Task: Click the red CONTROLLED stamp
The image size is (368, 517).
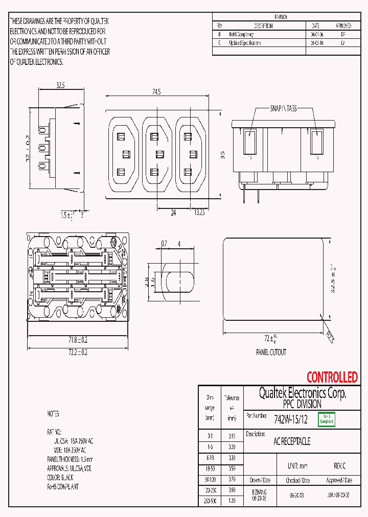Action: click(332, 378)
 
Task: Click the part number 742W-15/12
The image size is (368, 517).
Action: click(291, 420)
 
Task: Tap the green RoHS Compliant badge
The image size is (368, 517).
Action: click(326, 419)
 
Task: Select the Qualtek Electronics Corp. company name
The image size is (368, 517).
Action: click(302, 393)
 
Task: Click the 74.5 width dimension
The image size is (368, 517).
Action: click(156, 92)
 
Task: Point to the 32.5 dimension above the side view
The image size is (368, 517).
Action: click(60, 86)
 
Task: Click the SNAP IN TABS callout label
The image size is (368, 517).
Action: click(283, 109)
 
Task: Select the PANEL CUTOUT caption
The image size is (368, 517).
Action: click(271, 353)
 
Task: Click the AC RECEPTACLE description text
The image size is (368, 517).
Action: click(292, 441)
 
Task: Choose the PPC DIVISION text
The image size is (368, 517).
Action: click(302, 404)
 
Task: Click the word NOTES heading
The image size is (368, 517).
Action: click(53, 414)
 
